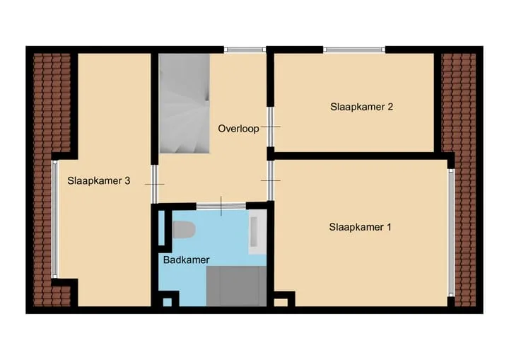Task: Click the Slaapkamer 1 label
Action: tap(360, 227)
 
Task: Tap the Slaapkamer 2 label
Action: tap(362, 107)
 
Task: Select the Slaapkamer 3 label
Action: tap(99, 180)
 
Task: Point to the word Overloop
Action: tap(239, 129)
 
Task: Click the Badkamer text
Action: tap(187, 260)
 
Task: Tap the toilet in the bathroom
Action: tap(184, 230)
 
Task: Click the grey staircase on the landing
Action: tap(184, 103)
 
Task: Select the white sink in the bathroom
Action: tap(257, 232)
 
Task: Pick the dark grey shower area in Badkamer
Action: tap(236, 286)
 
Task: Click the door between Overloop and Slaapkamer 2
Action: tap(270, 127)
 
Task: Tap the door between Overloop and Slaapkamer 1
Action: tap(270, 180)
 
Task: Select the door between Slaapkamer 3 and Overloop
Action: tap(155, 184)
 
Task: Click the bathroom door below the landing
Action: tap(221, 206)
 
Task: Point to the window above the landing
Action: tap(245, 50)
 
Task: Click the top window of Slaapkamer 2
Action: tap(354, 50)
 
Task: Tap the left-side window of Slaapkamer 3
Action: tap(54, 219)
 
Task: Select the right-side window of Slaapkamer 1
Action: tap(451, 233)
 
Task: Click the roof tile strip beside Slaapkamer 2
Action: tap(459, 180)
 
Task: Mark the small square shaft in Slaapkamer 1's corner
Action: tap(281, 303)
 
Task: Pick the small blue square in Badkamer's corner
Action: tap(167, 303)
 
